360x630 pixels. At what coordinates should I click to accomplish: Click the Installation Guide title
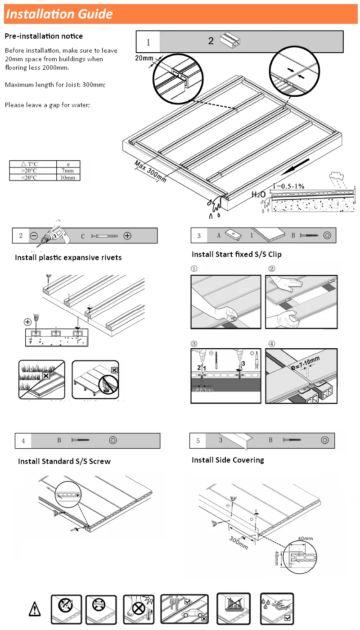click(59, 14)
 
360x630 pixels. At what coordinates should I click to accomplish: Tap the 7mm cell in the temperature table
click(68, 171)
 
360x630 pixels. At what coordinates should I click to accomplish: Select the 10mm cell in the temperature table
click(68, 177)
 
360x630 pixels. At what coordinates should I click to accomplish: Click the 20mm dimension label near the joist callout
click(144, 58)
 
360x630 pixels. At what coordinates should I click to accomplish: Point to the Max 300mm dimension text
click(150, 171)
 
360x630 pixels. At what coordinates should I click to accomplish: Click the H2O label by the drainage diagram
click(258, 194)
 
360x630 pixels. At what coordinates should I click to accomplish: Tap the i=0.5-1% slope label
click(289, 185)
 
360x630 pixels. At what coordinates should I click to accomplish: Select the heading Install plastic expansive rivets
click(68, 257)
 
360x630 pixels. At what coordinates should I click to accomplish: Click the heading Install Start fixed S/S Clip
click(236, 254)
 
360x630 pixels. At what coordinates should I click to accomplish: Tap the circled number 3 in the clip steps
click(194, 344)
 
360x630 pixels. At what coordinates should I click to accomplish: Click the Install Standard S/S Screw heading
click(64, 461)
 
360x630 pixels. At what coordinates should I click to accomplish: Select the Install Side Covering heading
click(228, 460)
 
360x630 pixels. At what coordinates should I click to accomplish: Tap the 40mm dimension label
click(305, 538)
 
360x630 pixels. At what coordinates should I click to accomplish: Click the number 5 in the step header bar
click(198, 441)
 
